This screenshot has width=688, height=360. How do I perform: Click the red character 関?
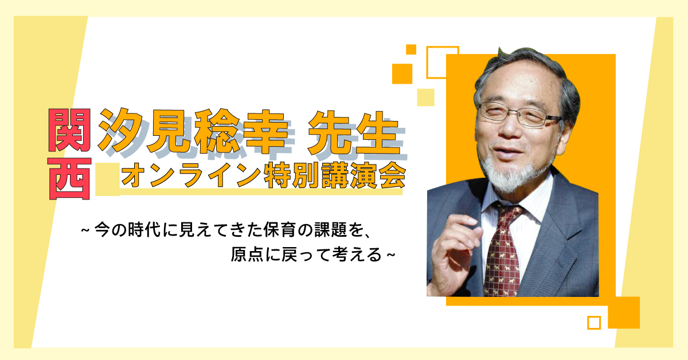(x=70, y=130)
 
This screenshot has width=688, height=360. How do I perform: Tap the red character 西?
(x=70, y=179)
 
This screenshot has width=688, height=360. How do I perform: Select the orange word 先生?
(x=354, y=132)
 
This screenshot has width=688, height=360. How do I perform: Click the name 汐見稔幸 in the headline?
(x=193, y=131)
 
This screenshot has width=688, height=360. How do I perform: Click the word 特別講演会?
(x=335, y=175)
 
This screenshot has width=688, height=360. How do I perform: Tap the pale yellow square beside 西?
(x=107, y=179)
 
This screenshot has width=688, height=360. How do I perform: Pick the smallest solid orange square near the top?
(x=411, y=49)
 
